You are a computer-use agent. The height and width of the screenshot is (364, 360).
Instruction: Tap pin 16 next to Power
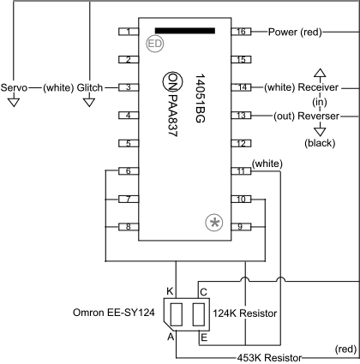coord(243,32)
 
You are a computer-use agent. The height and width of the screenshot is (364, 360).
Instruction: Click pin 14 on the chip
coord(243,87)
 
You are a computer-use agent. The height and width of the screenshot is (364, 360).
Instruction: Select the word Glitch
coord(90,87)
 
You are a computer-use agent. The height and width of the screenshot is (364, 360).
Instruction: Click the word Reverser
coord(317,115)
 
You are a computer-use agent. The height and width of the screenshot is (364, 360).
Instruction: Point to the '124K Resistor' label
coord(245,314)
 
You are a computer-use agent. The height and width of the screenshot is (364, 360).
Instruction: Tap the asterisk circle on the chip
coord(214,223)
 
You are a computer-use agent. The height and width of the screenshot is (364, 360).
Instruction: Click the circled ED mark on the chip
coord(155,43)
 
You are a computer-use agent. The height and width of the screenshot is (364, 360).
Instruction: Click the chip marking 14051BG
coord(199,98)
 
